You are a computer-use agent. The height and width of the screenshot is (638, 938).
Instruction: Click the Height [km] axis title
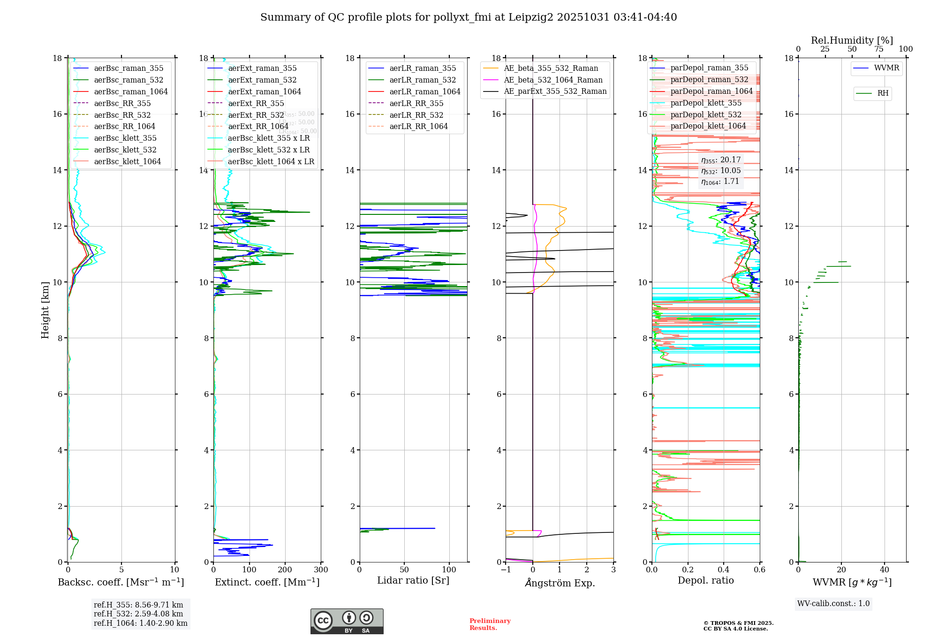(x=45, y=310)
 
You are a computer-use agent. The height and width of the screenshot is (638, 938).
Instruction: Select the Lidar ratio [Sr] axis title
(x=413, y=580)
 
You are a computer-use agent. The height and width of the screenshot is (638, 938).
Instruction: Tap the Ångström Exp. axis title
(x=560, y=583)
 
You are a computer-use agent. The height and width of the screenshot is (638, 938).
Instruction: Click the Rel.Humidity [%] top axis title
(x=852, y=40)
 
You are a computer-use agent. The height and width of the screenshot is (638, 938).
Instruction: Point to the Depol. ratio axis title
(x=705, y=580)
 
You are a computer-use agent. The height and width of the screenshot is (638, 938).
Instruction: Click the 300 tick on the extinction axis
(x=321, y=570)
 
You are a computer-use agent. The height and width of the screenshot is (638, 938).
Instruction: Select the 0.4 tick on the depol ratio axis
(x=724, y=570)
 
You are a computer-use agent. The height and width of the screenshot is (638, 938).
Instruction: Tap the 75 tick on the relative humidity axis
(x=879, y=49)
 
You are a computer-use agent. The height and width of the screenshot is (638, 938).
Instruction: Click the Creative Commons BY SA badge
(x=347, y=621)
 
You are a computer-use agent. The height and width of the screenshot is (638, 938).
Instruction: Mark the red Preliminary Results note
(x=490, y=624)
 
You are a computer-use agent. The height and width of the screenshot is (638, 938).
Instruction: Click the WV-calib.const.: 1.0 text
(x=833, y=604)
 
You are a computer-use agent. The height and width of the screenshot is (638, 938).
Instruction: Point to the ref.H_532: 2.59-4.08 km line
(x=138, y=614)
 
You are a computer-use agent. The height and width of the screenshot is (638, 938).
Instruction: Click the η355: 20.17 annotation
(x=721, y=160)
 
